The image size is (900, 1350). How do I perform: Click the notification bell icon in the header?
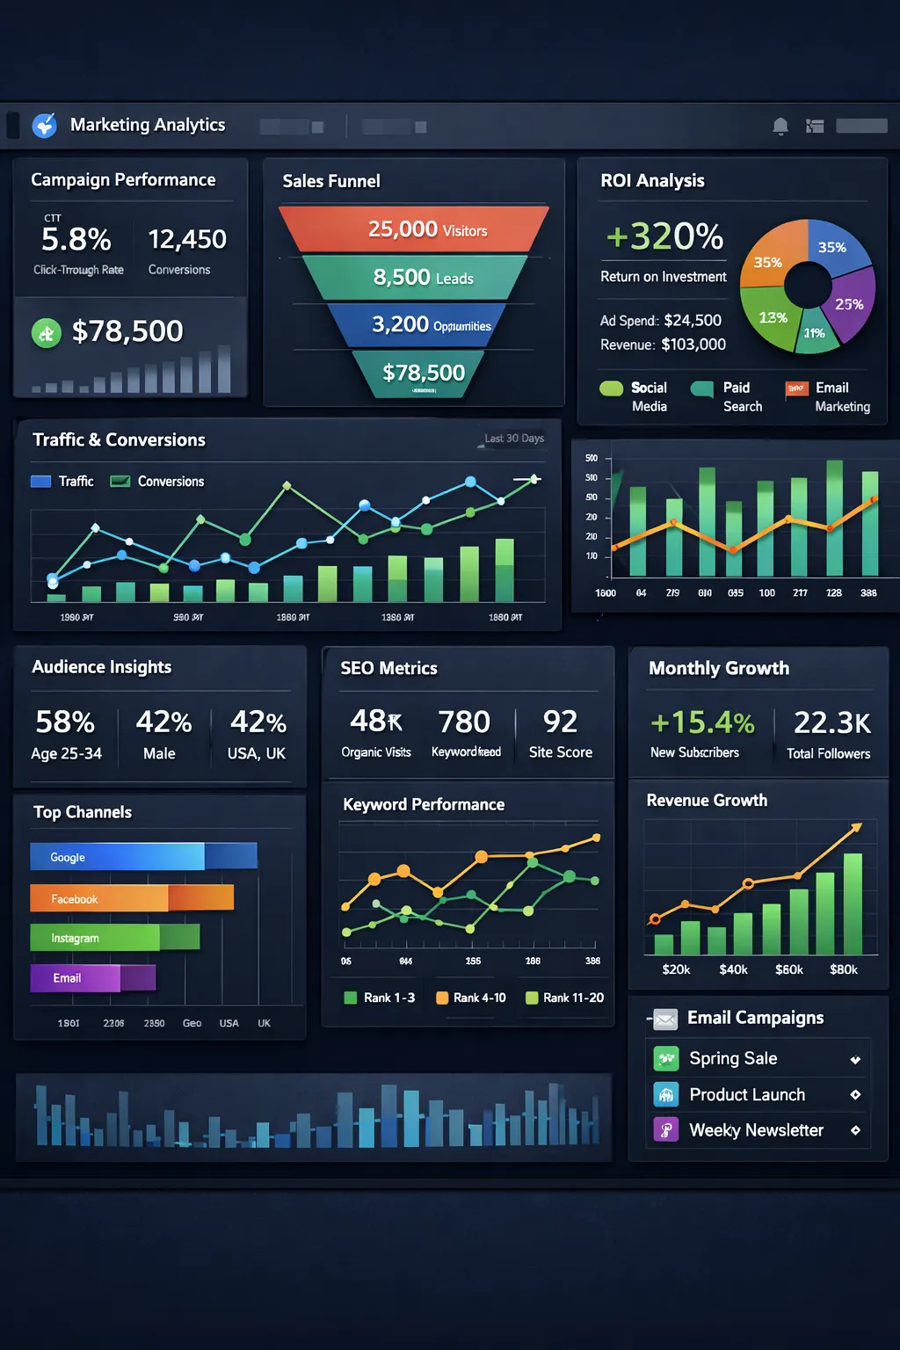click(780, 127)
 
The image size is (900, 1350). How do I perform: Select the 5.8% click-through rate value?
click(76, 239)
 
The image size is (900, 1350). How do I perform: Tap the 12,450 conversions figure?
click(187, 239)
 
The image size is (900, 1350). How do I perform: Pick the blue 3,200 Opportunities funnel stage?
click(417, 325)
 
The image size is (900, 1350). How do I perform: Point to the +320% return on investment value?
click(664, 236)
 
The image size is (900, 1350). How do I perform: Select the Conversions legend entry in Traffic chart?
click(157, 482)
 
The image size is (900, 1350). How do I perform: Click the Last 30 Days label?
click(514, 439)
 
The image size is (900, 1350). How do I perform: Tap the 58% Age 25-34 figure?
click(65, 722)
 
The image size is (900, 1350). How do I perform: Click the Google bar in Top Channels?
click(117, 857)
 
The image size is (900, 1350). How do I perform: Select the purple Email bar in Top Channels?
click(76, 978)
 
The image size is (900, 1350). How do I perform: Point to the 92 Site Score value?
click(560, 722)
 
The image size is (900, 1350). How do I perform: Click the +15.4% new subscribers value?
click(702, 722)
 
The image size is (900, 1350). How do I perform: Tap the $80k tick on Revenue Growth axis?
click(843, 969)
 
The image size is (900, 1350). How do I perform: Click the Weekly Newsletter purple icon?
click(666, 1130)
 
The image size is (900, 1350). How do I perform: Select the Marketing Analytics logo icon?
click(45, 126)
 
